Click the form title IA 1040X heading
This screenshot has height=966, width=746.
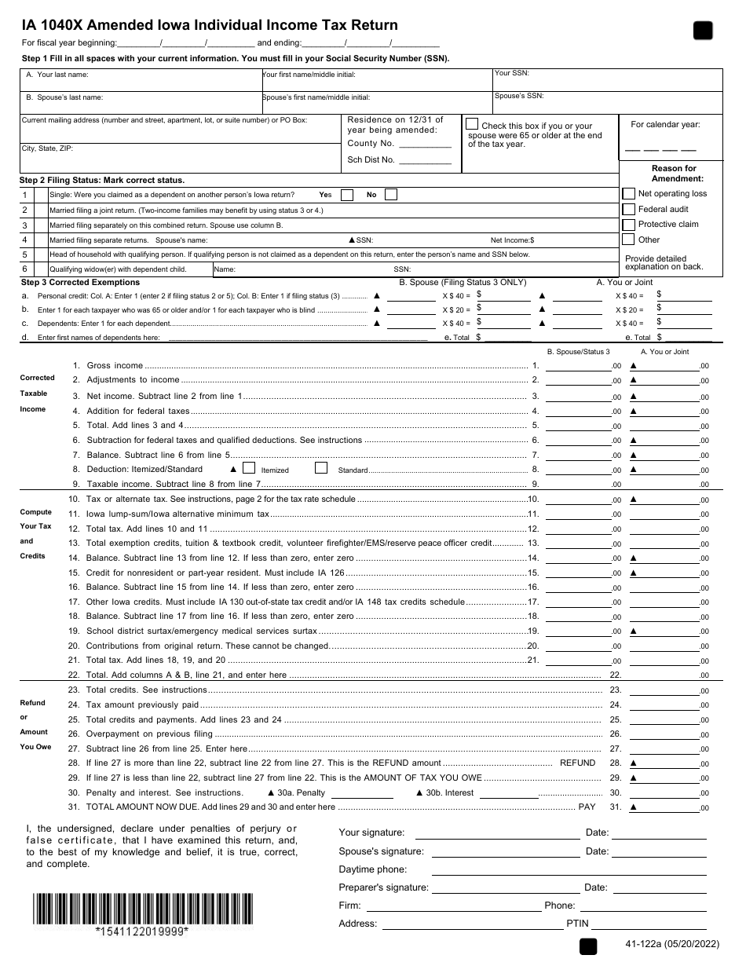click(x=210, y=25)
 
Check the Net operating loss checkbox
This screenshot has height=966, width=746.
click(x=628, y=193)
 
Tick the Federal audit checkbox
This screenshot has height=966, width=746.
click(x=628, y=209)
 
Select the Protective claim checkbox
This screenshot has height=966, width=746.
click(x=628, y=225)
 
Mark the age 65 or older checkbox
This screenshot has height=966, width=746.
click(x=471, y=124)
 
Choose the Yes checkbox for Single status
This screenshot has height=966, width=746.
click(x=346, y=195)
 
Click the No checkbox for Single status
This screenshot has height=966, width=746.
click(x=390, y=195)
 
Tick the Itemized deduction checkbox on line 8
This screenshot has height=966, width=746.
click(x=249, y=469)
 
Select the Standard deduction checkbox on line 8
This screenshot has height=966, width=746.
click(x=320, y=469)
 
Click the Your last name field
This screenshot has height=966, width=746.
click(x=141, y=80)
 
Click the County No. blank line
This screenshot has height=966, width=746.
click(x=425, y=145)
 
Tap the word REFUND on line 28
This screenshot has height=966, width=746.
click(x=577, y=763)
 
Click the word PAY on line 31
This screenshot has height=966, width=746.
click(x=587, y=807)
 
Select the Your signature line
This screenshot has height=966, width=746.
click(x=495, y=834)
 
